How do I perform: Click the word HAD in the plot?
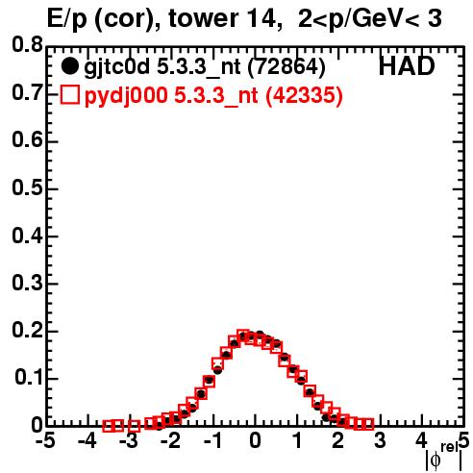pyautogui.click(x=407, y=66)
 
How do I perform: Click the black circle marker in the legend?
pyautogui.click(x=69, y=66)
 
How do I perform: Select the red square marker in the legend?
pyautogui.click(x=69, y=94)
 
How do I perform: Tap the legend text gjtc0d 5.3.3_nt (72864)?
pyautogui.click(x=205, y=67)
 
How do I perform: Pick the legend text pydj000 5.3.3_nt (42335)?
pyautogui.click(x=213, y=95)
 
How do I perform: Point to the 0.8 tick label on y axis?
pyautogui.click(x=28, y=44)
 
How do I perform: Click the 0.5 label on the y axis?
pyautogui.click(x=28, y=187)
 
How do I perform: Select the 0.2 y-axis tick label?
pyautogui.click(x=28, y=330)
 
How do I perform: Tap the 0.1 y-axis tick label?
pyautogui.click(x=29, y=377)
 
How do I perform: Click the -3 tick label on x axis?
pyautogui.click(x=130, y=440)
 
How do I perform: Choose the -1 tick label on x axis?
pyautogui.click(x=213, y=440)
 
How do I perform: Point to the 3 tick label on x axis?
pyautogui.click(x=380, y=440)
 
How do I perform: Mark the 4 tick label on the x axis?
pyautogui.click(x=421, y=440)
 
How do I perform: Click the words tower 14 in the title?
pyautogui.click(x=223, y=18)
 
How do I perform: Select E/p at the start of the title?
pyautogui.click(x=67, y=19)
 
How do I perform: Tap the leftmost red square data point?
pyautogui.click(x=109, y=426)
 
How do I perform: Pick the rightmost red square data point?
pyautogui.click(x=368, y=424)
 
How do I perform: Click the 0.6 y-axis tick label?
pyautogui.click(x=28, y=139)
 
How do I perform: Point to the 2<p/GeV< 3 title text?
pyautogui.click(x=370, y=19)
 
